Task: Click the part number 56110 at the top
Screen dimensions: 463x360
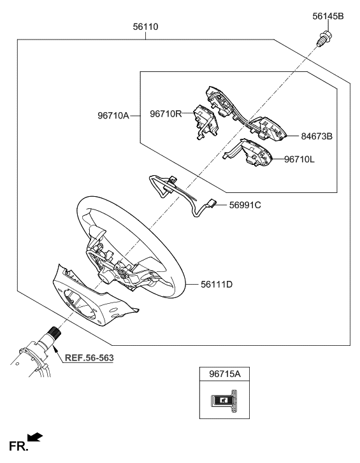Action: tap(145, 27)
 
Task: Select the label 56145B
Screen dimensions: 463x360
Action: tap(328, 16)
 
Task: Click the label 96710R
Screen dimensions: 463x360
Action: tap(166, 114)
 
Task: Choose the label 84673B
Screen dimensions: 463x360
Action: tap(317, 136)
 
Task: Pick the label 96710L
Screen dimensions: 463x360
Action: tap(299, 159)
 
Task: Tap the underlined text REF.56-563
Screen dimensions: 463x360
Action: tap(89, 358)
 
